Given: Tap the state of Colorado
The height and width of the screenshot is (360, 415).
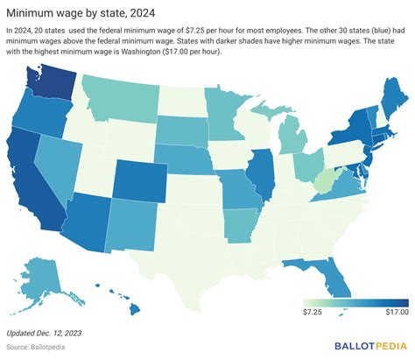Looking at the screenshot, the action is coord(140,181).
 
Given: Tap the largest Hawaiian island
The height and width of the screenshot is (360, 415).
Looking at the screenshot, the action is coord(134,309).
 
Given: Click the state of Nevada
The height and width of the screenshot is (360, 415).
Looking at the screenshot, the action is coord(59,164).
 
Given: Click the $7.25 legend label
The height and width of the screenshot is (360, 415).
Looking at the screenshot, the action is coord(313,312).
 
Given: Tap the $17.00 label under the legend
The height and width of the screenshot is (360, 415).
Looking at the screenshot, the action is coord(397,312).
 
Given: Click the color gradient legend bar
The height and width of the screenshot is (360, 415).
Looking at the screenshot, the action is coord(355,303).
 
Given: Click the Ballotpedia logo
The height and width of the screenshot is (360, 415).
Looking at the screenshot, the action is coord(370,346).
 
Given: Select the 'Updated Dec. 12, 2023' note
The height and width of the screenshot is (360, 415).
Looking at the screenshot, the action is coord(44,333).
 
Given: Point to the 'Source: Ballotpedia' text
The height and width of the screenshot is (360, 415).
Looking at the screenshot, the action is coord(35,347).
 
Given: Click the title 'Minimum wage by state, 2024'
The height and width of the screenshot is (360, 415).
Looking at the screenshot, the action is coord(81,13).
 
